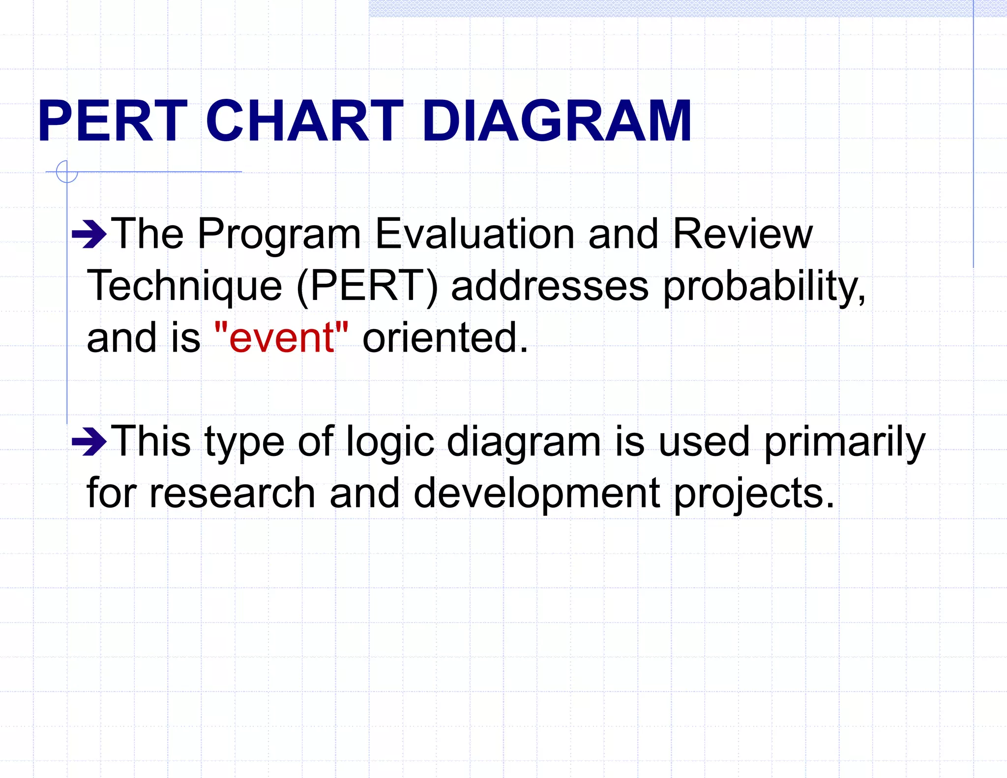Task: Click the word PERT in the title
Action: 112,121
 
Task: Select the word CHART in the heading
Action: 304,121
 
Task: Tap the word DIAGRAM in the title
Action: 557,121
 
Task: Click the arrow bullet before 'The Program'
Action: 89,235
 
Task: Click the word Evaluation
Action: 474,234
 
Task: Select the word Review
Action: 742,234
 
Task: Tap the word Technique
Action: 184,286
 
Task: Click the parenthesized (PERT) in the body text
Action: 367,286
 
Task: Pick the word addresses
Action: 549,286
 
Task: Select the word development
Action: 536,493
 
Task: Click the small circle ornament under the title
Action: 67,172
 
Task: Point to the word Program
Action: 279,235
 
